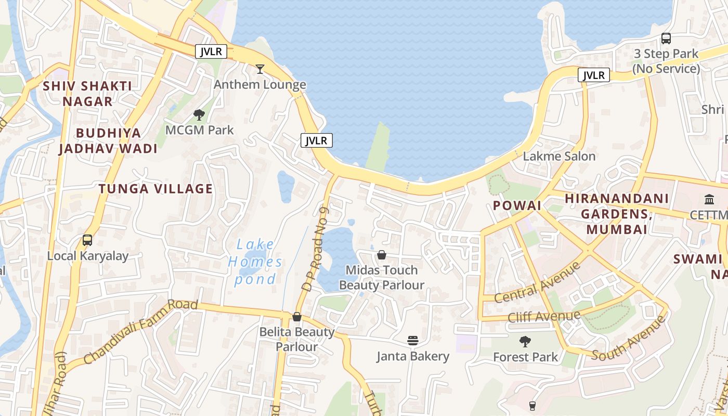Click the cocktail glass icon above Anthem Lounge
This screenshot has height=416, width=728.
click(x=260, y=69)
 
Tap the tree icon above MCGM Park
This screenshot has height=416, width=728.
click(x=199, y=115)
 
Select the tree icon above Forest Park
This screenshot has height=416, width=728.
click(x=525, y=342)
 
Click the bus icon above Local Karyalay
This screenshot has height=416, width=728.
click(x=87, y=240)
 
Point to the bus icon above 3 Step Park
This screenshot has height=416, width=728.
click(x=666, y=38)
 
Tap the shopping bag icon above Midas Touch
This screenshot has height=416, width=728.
click(x=382, y=255)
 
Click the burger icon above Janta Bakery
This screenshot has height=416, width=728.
click(x=413, y=341)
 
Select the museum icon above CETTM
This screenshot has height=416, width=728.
click(x=709, y=199)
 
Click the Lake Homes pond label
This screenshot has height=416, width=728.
click(x=255, y=262)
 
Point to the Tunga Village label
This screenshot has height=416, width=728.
click(x=156, y=189)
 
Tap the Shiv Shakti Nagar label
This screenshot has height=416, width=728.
click(x=87, y=94)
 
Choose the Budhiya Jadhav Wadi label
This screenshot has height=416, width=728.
click(x=108, y=141)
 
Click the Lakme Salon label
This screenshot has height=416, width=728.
click(x=559, y=156)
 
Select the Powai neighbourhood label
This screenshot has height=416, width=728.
click(x=517, y=205)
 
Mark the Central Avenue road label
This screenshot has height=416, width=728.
click(x=537, y=282)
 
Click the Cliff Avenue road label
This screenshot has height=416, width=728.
click(x=544, y=316)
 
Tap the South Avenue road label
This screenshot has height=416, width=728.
click(x=629, y=339)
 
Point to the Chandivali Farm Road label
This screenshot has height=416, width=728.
click(x=140, y=332)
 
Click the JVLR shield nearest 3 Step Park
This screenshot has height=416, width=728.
click(x=594, y=75)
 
